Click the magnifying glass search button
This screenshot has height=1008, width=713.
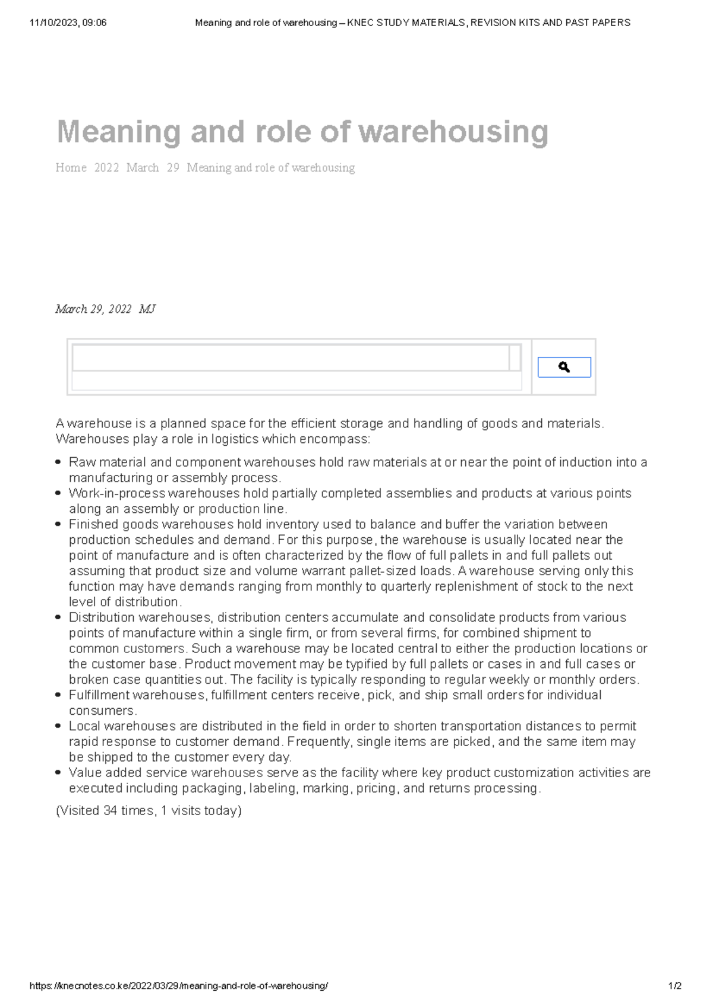564,367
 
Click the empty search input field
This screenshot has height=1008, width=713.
290,358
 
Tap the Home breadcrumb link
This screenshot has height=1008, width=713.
71,168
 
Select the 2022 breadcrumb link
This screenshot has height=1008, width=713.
106,168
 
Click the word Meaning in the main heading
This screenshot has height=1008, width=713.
119,132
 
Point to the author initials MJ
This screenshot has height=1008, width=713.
147,309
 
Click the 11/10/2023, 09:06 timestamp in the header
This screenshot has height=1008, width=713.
68,23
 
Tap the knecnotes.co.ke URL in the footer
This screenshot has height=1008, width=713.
178,986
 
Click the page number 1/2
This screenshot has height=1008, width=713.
674,986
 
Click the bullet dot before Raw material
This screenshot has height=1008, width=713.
58,462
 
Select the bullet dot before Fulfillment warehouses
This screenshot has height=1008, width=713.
58,695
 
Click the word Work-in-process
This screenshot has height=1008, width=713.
117,493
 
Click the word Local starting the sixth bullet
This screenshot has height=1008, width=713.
83,726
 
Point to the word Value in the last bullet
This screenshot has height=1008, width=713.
84,773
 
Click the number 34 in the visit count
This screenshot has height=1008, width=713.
110,811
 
